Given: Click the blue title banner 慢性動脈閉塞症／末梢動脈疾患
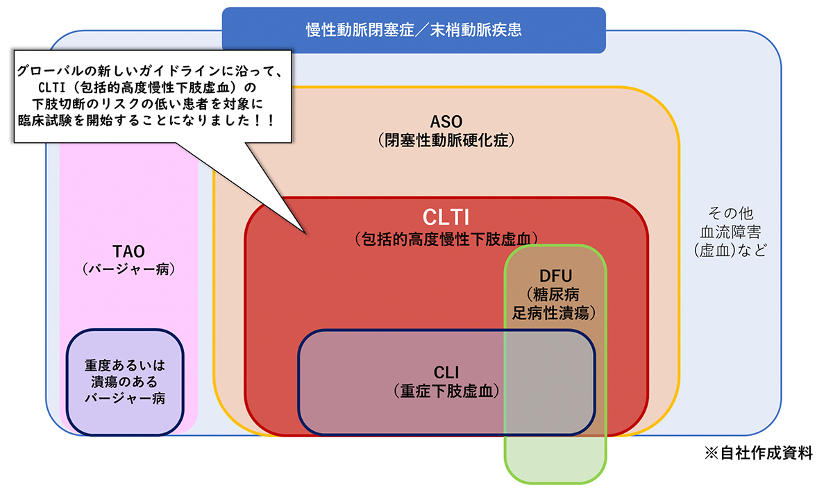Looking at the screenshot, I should coord(414,30).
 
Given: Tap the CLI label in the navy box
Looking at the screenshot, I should coord(446,371).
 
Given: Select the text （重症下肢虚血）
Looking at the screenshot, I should coord(446,390).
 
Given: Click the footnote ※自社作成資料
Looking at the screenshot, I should coord(758,453).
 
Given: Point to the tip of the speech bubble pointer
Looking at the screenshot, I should coord(304,232).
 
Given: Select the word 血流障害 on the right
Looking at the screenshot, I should coord(730,231).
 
